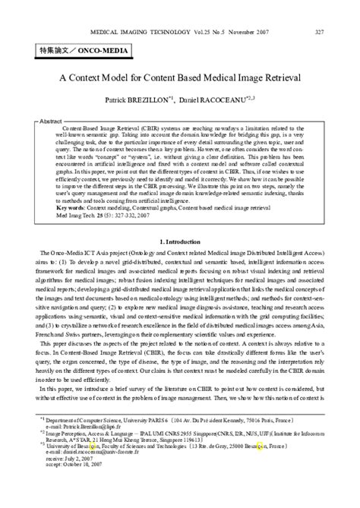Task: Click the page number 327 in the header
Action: [x=319, y=33]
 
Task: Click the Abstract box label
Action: [x=50, y=121]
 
